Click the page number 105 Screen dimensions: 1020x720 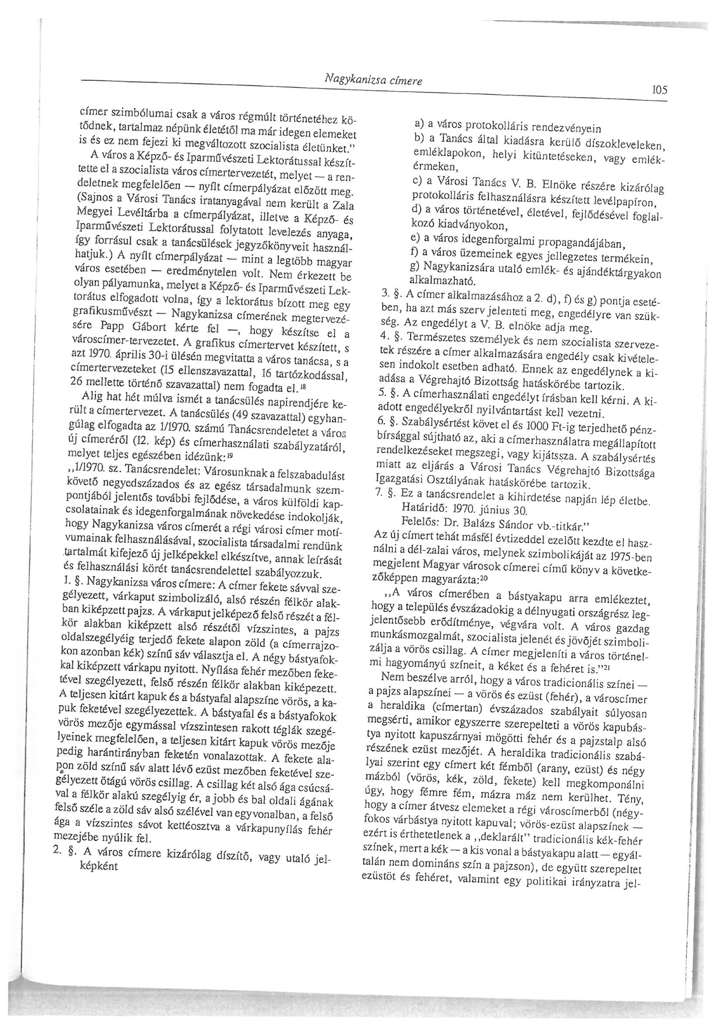[660, 90]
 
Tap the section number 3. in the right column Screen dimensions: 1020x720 [383, 294]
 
